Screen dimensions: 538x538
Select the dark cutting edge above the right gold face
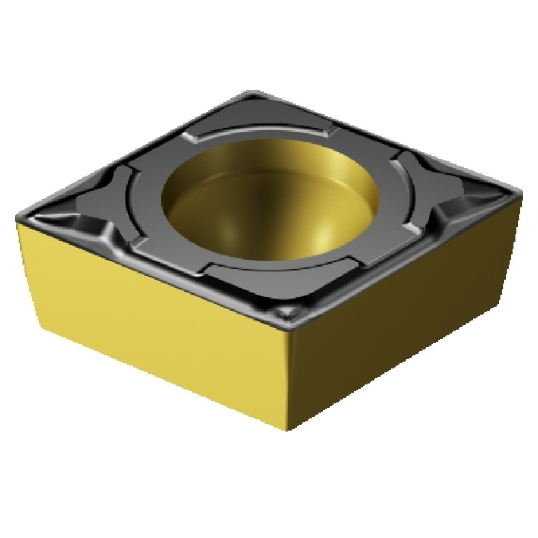[407, 260]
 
